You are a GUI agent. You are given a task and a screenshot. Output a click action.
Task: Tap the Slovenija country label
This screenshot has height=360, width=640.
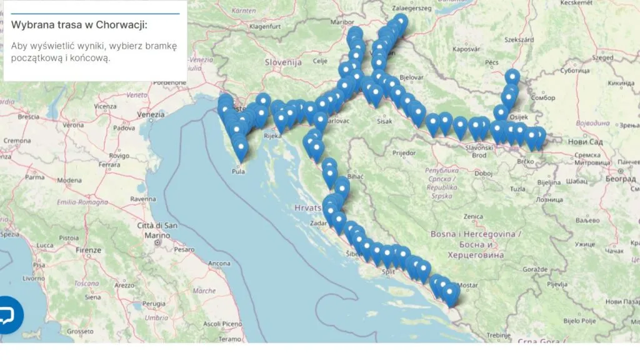click(283, 62)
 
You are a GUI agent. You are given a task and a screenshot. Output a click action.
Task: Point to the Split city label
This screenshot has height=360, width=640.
click(389, 272)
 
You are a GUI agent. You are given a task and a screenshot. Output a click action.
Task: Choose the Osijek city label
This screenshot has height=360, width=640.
click(519, 116)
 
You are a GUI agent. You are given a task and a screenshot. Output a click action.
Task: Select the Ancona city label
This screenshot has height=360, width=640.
click(219, 263)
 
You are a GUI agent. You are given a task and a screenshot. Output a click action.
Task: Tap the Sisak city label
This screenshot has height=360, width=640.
click(385, 121)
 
